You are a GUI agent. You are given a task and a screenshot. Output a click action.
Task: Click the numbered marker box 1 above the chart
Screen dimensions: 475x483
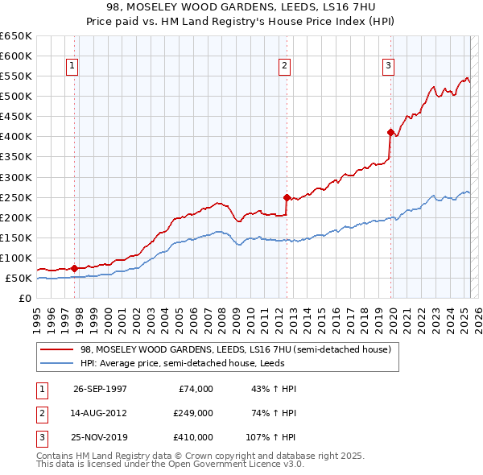tap(72, 66)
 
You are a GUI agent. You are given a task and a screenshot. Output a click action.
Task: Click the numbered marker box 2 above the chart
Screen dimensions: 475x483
tap(285, 66)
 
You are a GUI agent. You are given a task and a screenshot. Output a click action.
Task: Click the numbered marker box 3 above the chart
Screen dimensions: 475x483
tap(388, 66)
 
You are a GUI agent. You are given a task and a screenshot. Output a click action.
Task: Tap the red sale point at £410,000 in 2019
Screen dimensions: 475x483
tap(390, 132)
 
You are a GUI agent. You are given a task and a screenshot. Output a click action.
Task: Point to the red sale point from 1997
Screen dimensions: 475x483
tap(75, 268)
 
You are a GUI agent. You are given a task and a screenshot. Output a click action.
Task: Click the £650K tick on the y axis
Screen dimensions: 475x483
tap(16, 36)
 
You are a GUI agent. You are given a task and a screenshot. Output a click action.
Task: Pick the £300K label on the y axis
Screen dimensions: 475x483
tap(16, 177)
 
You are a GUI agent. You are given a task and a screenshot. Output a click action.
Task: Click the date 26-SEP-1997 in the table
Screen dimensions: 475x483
tap(100, 389)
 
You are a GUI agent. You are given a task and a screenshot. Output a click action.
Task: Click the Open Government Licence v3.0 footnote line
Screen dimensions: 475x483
tap(170, 465)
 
